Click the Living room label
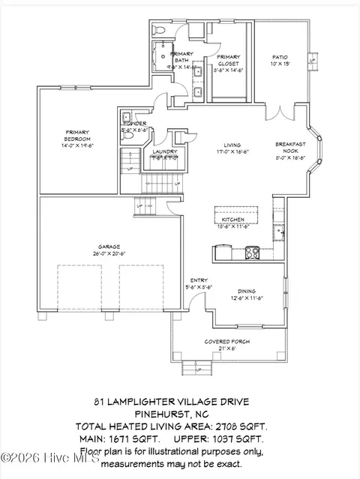(232, 145)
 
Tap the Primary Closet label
(229, 60)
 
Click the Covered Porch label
(226, 341)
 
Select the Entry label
(198, 280)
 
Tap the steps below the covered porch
(194, 367)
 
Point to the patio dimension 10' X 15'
(279, 66)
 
